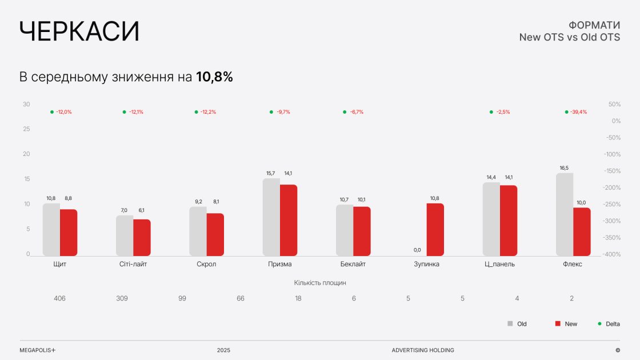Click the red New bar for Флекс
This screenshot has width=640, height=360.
pos(582,231)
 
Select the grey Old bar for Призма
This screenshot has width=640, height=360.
pos(271,217)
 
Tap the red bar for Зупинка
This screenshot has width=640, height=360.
pos(435,229)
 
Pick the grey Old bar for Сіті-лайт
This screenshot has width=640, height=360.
pos(125,235)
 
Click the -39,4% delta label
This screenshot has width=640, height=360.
pos(579,112)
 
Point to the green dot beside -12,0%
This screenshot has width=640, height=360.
pos(52,112)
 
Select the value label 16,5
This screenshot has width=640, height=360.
pos(564,168)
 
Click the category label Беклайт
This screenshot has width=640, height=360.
pos(353,264)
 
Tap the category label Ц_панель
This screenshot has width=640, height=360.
pos(499,264)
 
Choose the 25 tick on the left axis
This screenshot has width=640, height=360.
pos(26,129)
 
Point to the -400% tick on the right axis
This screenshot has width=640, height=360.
pos(613,254)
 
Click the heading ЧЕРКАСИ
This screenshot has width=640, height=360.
pos(79,31)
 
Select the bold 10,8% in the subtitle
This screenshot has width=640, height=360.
pos(214,77)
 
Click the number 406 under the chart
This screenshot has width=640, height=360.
pos(59,298)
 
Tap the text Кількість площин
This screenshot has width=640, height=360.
pos(320,282)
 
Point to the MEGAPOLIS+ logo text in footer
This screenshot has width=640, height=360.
pos(38,350)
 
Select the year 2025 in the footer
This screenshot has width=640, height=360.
pos(223,350)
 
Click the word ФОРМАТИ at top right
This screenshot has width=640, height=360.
pos(594,25)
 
